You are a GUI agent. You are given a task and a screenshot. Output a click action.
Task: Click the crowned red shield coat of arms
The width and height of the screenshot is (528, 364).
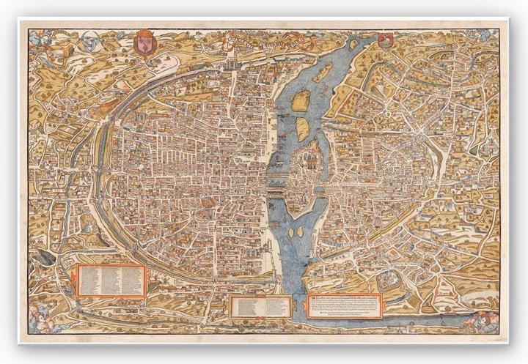(x=142, y=41)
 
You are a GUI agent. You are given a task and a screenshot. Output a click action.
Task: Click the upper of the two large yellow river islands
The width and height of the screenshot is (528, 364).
(x=301, y=102)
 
